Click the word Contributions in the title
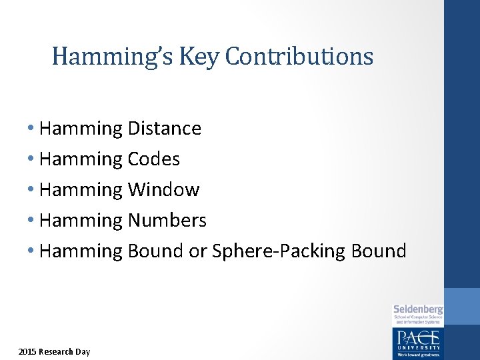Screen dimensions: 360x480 pyautogui.click(x=299, y=57)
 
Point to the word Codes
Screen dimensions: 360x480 pyautogui.click(x=153, y=159)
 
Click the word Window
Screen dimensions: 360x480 pyautogui.click(x=163, y=189)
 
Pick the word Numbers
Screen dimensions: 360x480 pyautogui.click(x=167, y=220)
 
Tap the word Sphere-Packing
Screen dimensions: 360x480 pyautogui.click(x=276, y=251)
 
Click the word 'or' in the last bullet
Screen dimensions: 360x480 pyautogui.click(x=198, y=251)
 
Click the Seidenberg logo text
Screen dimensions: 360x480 pyautogui.click(x=418, y=309)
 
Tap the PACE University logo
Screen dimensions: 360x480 pyautogui.click(x=418, y=341)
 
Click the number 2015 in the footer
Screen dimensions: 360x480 pyautogui.click(x=27, y=351)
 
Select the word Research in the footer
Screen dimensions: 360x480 pyautogui.click(x=57, y=351)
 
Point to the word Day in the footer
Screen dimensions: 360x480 pyautogui.click(x=83, y=351)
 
